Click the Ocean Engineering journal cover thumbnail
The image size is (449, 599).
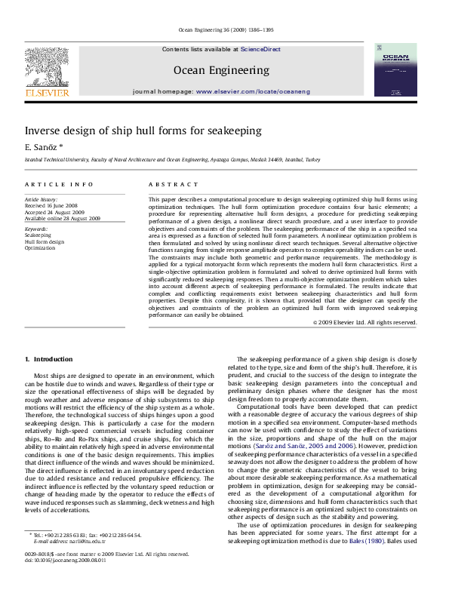[x=395, y=69]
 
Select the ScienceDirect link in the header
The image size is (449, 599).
[x=260, y=49]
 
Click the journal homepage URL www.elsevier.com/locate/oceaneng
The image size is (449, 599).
[x=253, y=91]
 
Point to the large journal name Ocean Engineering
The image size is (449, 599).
[x=221, y=70]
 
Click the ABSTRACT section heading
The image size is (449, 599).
[x=168, y=184]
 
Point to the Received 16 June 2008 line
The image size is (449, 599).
[x=51, y=205]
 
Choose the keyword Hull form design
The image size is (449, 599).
[x=45, y=241]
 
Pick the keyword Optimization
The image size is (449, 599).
[x=40, y=247]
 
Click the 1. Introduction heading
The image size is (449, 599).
[x=48, y=360]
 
